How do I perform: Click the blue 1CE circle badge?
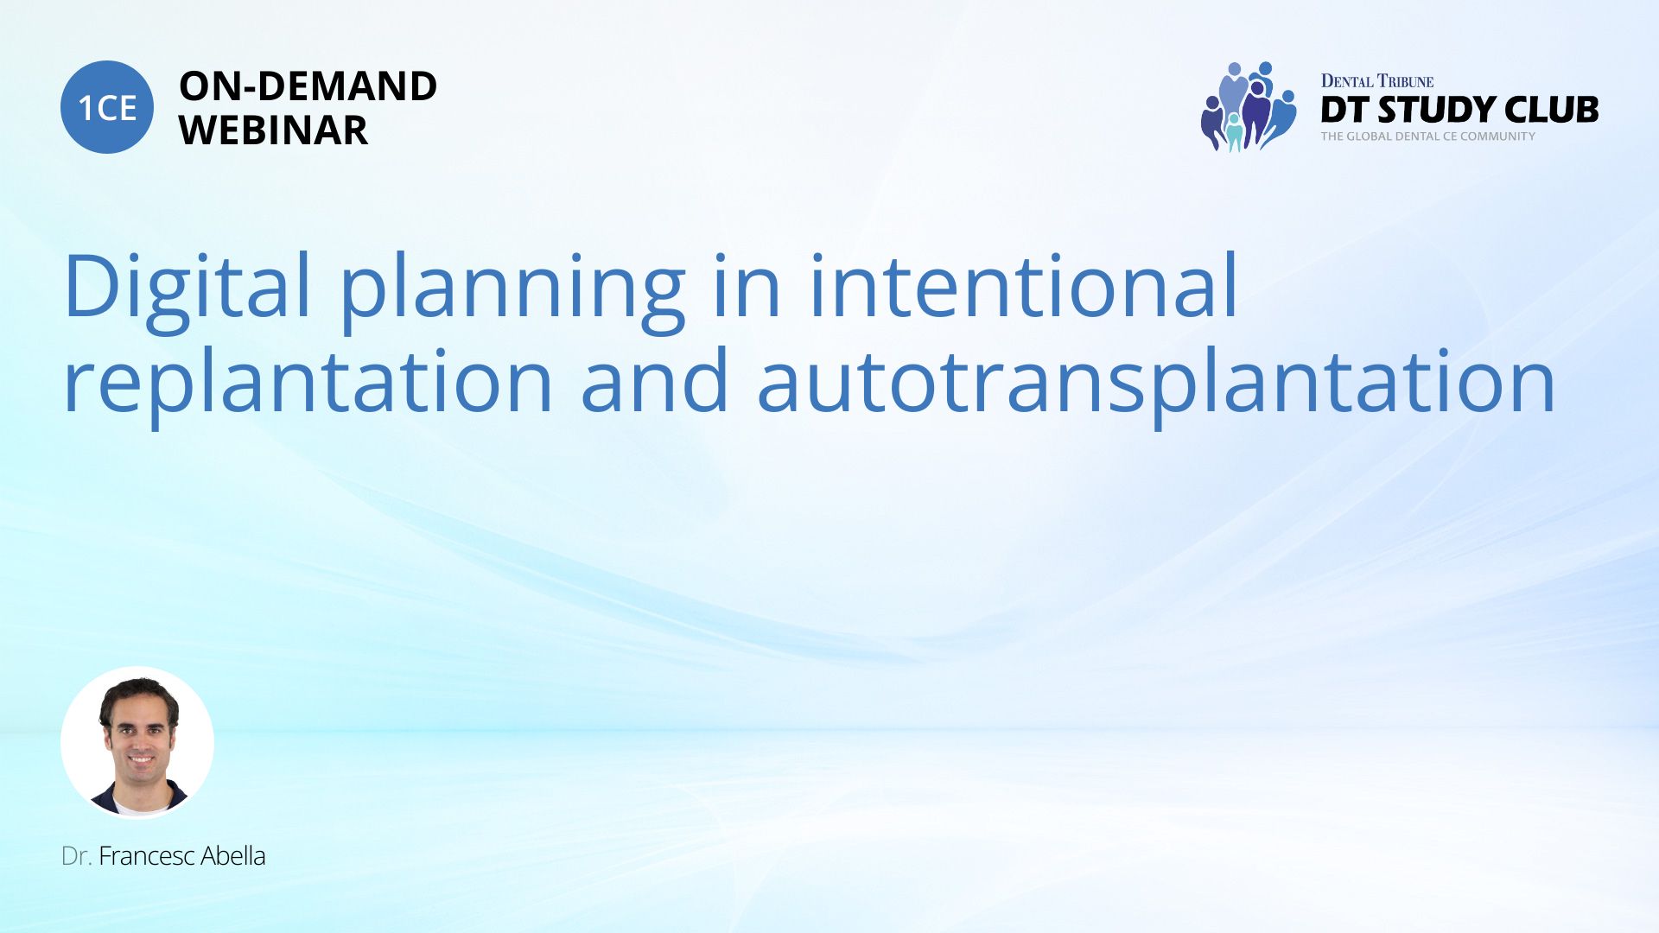pos(107,107)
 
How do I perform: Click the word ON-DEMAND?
pos(308,86)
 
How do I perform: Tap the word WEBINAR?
pos(273,130)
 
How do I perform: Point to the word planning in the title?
pos(512,290)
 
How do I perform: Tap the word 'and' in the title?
pos(655,379)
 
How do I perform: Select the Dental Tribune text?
pos(1377,81)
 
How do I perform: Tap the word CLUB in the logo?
pos(1551,110)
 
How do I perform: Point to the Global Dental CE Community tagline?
pos(1428,136)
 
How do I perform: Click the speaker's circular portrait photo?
pos(137,743)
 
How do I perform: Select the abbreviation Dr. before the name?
pos(76,856)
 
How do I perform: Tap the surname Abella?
pos(233,856)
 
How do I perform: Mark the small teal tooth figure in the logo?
pos(1234,132)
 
